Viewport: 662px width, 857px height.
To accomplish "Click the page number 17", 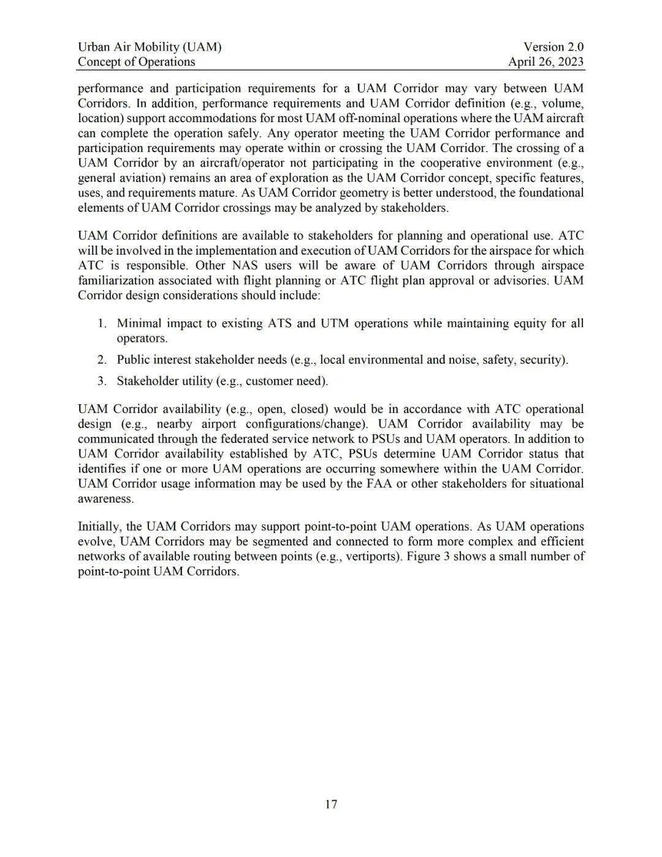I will pos(331,804).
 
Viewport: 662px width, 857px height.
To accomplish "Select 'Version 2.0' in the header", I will pos(554,47).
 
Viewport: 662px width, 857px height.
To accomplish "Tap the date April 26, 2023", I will pos(546,61).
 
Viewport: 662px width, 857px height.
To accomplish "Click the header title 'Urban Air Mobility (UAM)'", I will pos(150,47).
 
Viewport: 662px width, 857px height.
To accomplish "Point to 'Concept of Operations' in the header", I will pos(136,61).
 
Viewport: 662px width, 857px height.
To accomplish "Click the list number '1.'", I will pos(102,323).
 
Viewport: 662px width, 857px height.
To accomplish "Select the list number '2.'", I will pos(102,359).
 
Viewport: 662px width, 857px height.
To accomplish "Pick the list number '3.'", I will pos(102,381).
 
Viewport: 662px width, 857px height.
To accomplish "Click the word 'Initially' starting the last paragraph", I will pos(100,526).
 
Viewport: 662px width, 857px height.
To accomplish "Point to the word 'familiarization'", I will pos(115,280).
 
